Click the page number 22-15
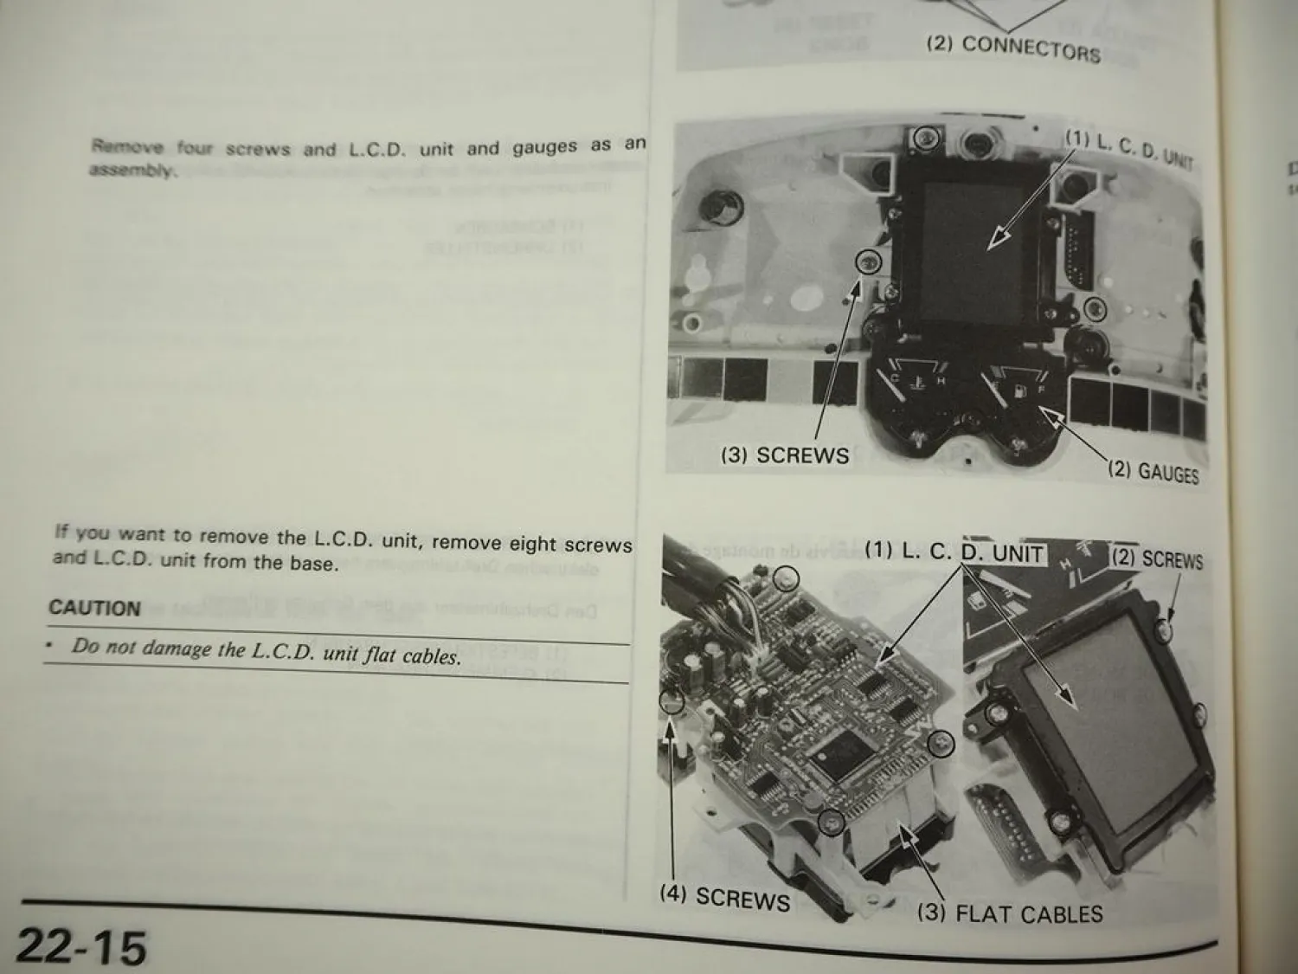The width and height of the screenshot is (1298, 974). pyautogui.click(x=81, y=945)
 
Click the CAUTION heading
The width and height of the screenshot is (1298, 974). pyautogui.click(x=94, y=608)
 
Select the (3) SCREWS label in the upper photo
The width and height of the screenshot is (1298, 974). pyautogui.click(x=785, y=455)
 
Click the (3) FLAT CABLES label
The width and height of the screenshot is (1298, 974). pyautogui.click(x=1010, y=913)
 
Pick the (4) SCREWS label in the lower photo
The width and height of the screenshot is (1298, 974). pyautogui.click(x=725, y=898)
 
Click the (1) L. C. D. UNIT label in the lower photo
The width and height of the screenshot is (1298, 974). pyautogui.click(x=954, y=552)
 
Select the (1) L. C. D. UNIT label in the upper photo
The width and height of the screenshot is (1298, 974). pyautogui.click(x=1128, y=148)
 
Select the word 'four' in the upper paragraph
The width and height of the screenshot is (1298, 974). pyautogui.click(x=195, y=147)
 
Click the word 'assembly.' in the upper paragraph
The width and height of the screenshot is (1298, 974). pyautogui.click(x=132, y=171)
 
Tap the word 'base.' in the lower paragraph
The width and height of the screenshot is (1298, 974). pyautogui.click(x=311, y=563)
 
